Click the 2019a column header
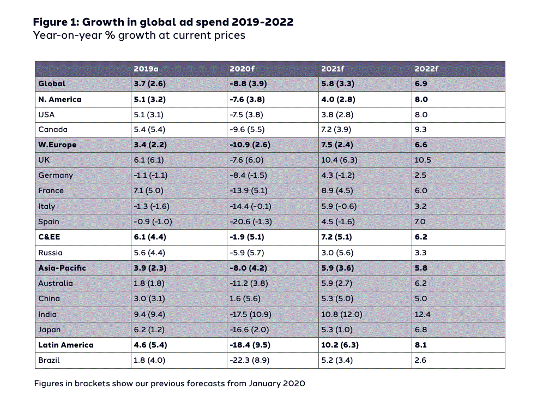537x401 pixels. coord(146,69)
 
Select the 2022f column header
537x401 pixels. coord(426,69)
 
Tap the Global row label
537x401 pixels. coord(52,83)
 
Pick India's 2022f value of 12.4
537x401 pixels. coord(423,314)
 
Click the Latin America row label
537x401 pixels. coord(66,345)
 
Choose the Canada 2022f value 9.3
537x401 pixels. coord(421,130)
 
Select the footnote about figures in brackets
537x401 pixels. coord(170,383)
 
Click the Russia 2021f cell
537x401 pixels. coord(339,253)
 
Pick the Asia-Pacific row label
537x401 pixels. coord(62,268)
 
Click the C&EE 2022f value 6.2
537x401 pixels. coord(421,237)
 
